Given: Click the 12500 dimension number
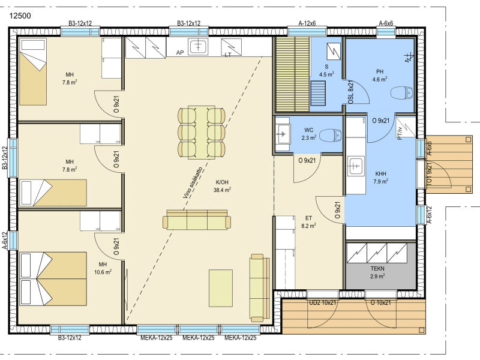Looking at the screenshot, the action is (20, 16).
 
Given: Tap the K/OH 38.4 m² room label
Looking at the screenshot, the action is (222, 186).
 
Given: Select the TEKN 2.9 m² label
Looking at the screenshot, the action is (377, 272).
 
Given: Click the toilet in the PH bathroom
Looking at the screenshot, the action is (401, 93).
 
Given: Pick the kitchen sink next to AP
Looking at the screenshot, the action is (199, 47).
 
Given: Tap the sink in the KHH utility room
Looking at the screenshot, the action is (356, 167).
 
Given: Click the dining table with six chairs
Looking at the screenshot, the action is (202, 133).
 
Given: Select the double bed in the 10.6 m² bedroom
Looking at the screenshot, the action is (53, 278).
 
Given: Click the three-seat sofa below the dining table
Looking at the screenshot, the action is (197, 220).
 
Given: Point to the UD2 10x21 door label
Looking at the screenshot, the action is (323, 302).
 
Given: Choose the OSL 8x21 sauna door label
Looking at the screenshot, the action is (351, 92).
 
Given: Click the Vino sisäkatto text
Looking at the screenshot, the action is (193, 182).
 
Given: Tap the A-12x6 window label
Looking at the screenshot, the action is (307, 23).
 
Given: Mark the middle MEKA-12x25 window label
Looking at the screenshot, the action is (199, 338).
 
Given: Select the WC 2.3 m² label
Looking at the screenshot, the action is (309, 134).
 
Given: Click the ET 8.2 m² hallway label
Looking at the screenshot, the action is (308, 222).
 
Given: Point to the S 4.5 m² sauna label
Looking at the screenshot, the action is (326, 70).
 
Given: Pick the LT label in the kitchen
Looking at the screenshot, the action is (228, 55).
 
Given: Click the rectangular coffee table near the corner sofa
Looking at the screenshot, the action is (221, 288).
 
